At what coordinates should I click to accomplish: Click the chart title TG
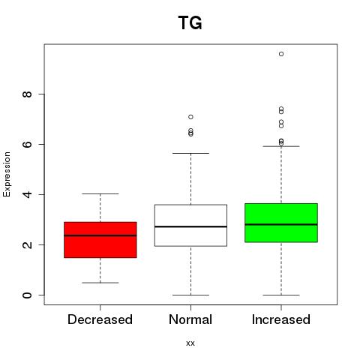(190, 22)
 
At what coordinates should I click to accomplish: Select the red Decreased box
(100, 240)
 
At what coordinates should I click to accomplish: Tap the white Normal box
(190, 225)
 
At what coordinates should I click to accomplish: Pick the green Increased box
(281, 223)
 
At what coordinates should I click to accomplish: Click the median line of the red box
(100, 235)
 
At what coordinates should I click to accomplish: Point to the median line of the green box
(281, 224)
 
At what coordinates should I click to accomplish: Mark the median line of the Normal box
(190, 226)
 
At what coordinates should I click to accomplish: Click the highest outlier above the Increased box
(281, 54)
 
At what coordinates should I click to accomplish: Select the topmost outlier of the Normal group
(190, 117)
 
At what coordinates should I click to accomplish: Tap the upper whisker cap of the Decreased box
(100, 193)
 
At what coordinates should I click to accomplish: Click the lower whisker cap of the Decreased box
(100, 283)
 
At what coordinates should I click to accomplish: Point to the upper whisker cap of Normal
(190, 153)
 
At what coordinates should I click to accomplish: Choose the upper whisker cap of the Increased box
(281, 146)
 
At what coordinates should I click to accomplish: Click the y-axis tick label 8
(27, 94)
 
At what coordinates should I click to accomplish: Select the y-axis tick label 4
(27, 194)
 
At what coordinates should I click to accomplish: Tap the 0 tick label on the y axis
(27, 295)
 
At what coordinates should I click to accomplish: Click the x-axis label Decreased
(100, 319)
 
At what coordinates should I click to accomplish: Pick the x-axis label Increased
(281, 319)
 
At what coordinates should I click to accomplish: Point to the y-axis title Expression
(7, 174)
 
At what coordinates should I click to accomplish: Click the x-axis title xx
(190, 343)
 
